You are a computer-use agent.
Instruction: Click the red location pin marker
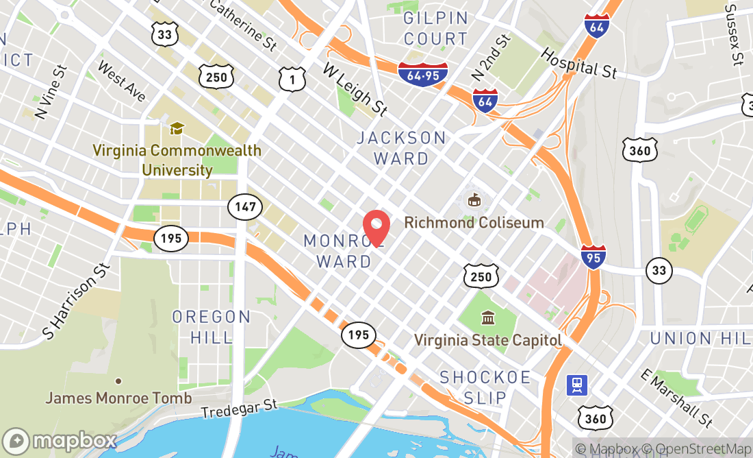click(376, 226)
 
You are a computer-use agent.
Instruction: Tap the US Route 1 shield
click(291, 79)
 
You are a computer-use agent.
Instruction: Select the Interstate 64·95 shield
click(422, 71)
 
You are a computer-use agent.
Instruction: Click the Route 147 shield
click(244, 206)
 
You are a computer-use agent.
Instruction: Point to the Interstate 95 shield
click(592, 257)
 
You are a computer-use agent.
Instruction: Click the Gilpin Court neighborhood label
click(435, 28)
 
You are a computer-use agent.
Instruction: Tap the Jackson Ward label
click(402, 148)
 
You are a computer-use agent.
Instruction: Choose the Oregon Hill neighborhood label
click(212, 326)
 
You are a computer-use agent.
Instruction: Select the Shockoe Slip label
click(485, 387)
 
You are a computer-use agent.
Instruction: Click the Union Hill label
click(700, 338)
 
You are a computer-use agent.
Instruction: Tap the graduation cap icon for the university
click(177, 128)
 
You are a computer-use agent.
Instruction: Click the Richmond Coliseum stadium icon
click(473, 200)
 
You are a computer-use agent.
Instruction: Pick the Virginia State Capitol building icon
click(489, 318)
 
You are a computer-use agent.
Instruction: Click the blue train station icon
click(576, 385)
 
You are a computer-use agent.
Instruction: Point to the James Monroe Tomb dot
click(118, 381)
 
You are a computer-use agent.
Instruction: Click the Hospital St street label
click(578, 62)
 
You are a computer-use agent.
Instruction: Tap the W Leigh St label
click(355, 88)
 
